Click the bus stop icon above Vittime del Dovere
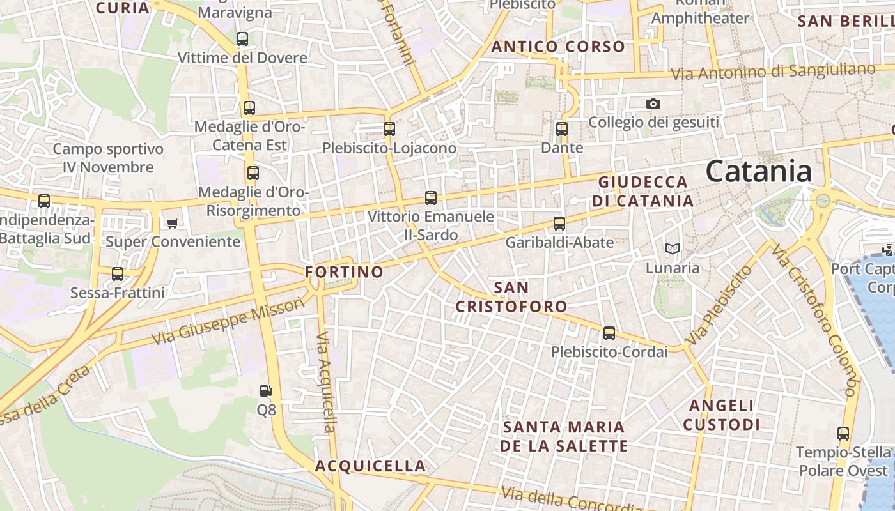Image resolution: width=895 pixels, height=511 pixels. click(x=242, y=39)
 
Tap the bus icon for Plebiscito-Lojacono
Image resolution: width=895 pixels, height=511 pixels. click(x=389, y=129)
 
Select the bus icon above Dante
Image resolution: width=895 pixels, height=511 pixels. click(x=562, y=129)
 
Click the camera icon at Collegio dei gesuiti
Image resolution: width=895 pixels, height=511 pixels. click(x=653, y=103)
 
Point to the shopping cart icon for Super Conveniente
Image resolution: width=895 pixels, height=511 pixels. click(x=172, y=223)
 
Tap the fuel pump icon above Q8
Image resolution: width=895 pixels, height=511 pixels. click(x=265, y=390)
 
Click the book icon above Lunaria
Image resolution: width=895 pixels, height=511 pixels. click(x=672, y=248)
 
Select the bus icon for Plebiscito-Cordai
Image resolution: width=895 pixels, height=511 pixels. click(x=609, y=333)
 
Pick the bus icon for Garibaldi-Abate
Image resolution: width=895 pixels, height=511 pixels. click(x=559, y=224)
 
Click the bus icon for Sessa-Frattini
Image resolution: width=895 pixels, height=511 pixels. click(x=118, y=274)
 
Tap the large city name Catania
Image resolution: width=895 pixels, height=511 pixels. click(x=759, y=171)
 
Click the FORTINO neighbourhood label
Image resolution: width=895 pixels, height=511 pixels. click(x=345, y=272)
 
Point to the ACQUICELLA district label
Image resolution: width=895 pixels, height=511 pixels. click(x=370, y=466)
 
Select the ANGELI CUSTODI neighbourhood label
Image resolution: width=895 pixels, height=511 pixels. click(x=721, y=415)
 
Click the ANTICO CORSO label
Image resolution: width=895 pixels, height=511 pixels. click(x=558, y=47)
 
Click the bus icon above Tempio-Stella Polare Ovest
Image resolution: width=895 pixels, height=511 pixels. click(x=843, y=434)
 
